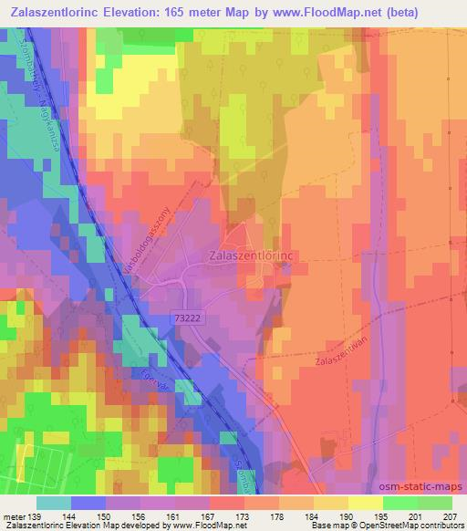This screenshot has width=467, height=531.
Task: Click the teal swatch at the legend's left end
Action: pos(54,503)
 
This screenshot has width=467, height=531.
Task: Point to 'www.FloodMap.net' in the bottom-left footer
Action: pos(203,526)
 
